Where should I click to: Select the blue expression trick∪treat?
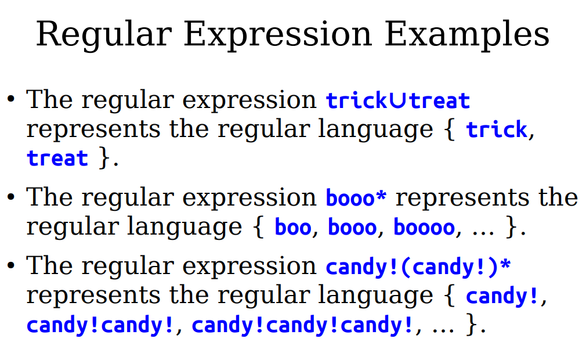pos(397,100)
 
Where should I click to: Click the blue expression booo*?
pos(356,197)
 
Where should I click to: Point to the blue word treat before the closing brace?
pos(57,158)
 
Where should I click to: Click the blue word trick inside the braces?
pos(496,129)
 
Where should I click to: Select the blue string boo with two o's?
pos(293,227)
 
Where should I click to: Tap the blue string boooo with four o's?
pos(424,227)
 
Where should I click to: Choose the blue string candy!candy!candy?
pos(302,325)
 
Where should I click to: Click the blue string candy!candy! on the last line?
pos(100,325)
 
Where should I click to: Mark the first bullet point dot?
pos(11,99)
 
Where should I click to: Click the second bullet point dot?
pos(11,197)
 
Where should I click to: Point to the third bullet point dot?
pos(11,266)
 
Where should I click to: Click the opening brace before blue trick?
pos(450,129)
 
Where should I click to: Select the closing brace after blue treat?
pos(104,158)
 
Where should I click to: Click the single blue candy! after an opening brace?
pos(502,296)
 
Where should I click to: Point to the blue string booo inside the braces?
pos(352,227)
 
